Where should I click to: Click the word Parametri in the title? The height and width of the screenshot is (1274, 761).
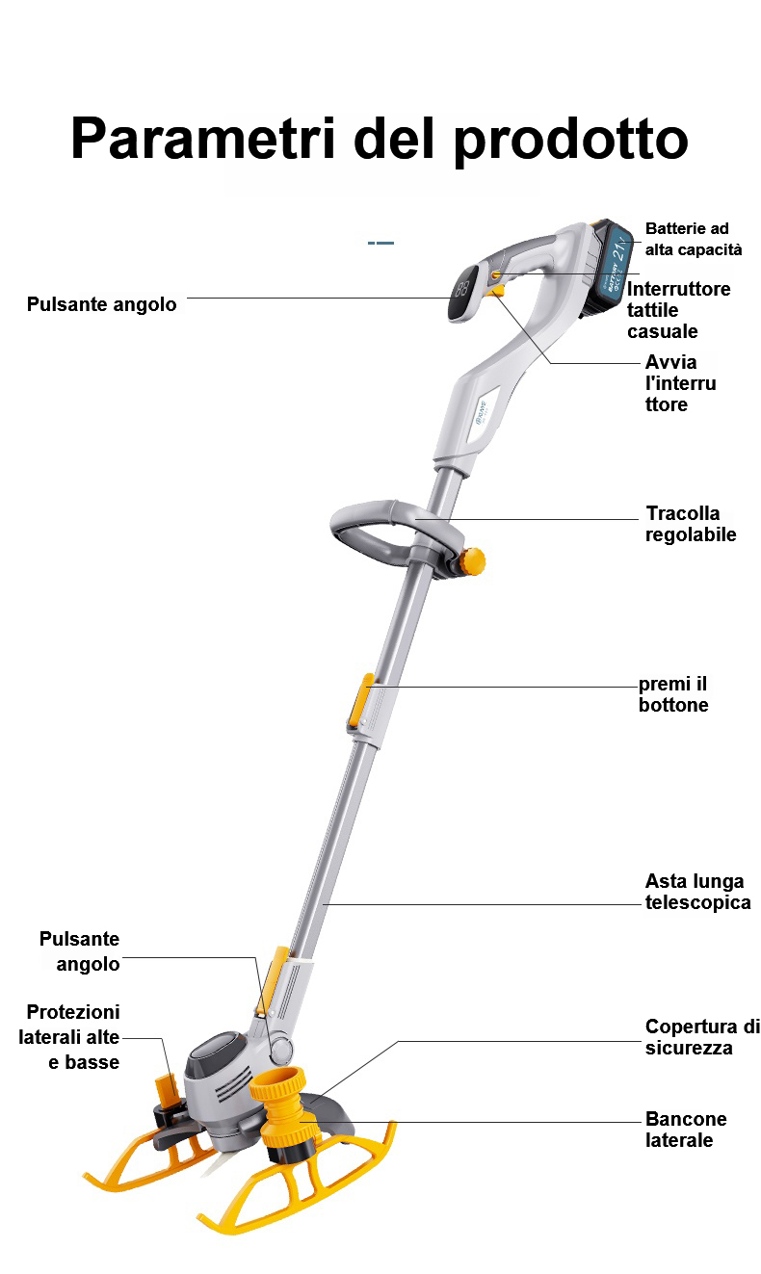click(x=203, y=139)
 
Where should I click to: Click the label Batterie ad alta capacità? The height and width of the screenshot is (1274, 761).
click(x=694, y=239)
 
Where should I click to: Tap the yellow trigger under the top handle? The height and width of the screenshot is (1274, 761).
click(x=495, y=291)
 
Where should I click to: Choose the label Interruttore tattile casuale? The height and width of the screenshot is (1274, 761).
click(x=678, y=310)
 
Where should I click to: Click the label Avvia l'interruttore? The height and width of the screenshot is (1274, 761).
click(x=680, y=383)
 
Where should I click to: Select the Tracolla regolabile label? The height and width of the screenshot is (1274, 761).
click(x=691, y=523)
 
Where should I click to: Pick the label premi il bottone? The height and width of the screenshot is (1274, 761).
click(x=673, y=694)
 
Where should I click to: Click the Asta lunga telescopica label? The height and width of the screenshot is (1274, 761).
click(x=697, y=892)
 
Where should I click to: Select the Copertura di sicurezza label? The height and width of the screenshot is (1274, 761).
click(x=702, y=1037)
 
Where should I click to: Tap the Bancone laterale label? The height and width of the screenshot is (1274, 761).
click(x=686, y=1129)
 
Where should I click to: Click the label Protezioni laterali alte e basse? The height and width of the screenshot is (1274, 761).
click(x=69, y=1037)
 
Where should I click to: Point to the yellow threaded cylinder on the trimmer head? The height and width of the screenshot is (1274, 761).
click(x=282, y=1113)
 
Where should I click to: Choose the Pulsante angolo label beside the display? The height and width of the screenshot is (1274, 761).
click(x=102, y=304)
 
